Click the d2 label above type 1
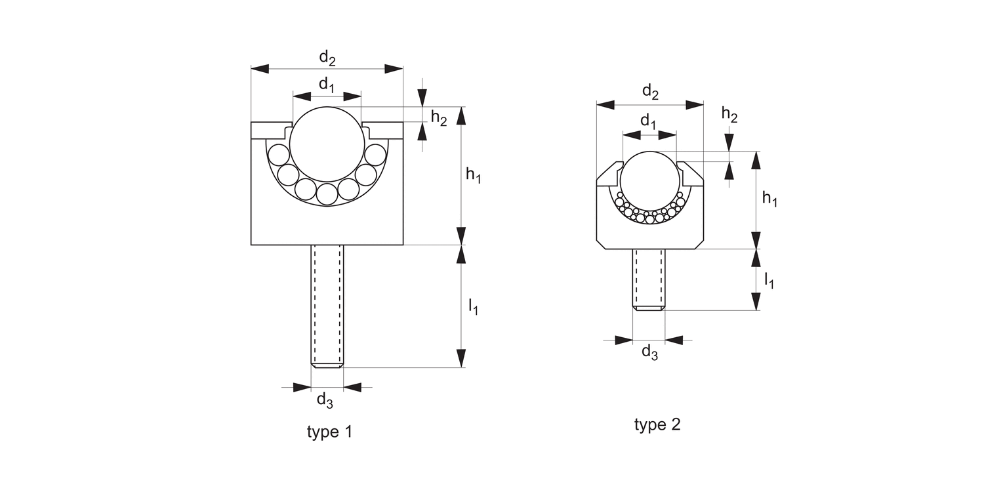coord(327,58)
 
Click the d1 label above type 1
coord(327,85)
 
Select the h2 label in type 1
coord(439,118)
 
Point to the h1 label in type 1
coord(473,174)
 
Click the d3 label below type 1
coord(325,400)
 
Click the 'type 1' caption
coord(329,432)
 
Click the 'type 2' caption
coord(657,424)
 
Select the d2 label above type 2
coord(650,92)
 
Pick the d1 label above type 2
coord(648,121)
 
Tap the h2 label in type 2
coord(729,115)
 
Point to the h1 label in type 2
coord(769,199)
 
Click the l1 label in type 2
coord(769,280)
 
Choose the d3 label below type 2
coord(649,352)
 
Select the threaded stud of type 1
coord(327,305)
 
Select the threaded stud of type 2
coord(649,278)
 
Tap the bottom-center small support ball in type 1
coord(326,194)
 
